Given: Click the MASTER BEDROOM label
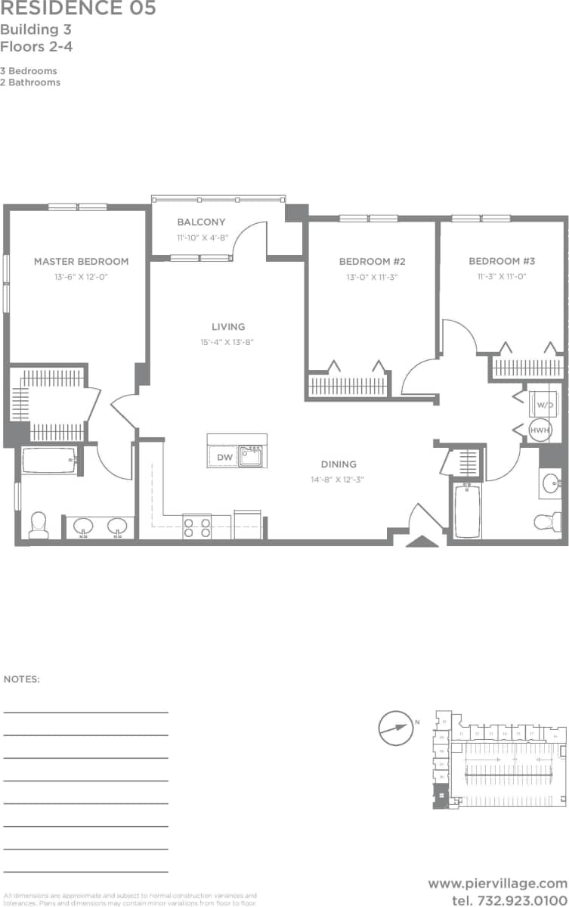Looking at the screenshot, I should (81, 262).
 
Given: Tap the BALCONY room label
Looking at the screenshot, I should (201, 222).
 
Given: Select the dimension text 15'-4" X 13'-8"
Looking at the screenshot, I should (228, 342).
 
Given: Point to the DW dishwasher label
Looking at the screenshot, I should (224, 457).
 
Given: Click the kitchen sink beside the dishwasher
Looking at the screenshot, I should (251, 456).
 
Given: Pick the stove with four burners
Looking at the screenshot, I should (196, 526).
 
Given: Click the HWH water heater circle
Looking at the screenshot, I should (540, 430).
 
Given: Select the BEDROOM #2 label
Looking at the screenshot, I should (373, 262).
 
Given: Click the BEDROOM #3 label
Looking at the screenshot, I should (502, 262).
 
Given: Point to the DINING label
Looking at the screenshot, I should (338, 464).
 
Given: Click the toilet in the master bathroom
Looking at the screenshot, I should (38, 525).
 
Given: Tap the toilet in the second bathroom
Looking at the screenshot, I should (547, 521).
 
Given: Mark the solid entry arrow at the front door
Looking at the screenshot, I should (421, 540).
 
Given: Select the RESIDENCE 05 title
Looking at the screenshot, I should (79, 9).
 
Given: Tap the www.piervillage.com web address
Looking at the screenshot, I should (496, 883).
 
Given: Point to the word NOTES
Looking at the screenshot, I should (22, 679).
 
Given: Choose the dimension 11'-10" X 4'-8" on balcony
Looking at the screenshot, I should (201, 238).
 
